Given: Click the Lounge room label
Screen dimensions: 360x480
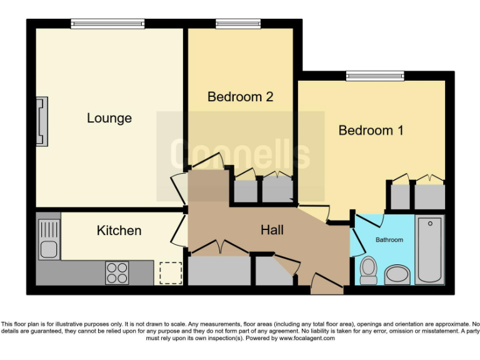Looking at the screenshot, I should tap(109, 118).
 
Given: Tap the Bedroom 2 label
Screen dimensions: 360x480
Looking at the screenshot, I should tap(241, 97).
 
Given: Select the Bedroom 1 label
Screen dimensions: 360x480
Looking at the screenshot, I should tap(371, 131).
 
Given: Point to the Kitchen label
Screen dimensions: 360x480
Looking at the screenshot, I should tap(119, 231).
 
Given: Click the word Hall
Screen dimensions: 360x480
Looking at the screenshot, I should tap(272, 231).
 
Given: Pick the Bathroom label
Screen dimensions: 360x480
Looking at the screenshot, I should tap(389, 239).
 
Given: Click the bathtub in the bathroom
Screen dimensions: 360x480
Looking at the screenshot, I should tap(429, 250).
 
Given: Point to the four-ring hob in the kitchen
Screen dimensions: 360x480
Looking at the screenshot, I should tap(117, 272).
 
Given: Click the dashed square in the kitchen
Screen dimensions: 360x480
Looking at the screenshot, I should tap(171, 273).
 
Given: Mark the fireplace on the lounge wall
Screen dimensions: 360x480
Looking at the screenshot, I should tap(42, 121).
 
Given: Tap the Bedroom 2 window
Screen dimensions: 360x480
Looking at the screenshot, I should tap(237, 24).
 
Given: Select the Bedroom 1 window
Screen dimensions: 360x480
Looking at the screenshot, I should tap(375, 76).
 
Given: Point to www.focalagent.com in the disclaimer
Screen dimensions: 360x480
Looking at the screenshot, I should tap(307, 338).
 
